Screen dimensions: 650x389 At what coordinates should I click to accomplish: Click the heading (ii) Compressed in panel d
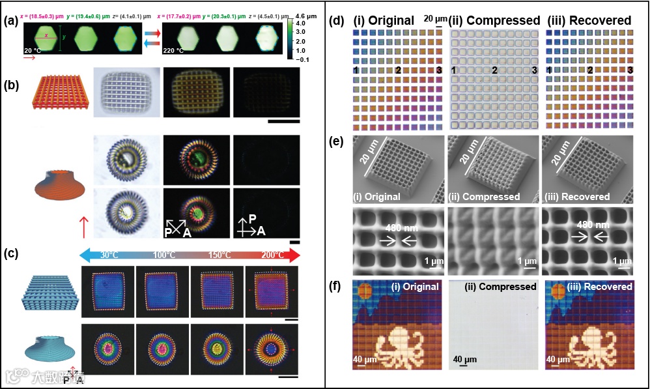(x=495, y=20)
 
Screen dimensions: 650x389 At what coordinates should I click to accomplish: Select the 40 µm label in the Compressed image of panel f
(x=466, y=359)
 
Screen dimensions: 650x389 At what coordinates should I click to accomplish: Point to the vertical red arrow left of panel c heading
(x=83, y=228)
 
